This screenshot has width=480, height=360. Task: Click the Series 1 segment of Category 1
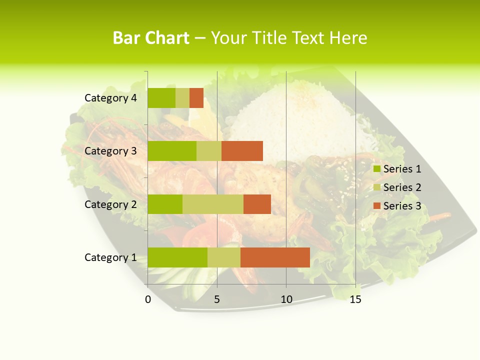(177, 257)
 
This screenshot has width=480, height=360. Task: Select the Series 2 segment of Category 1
(224, 257)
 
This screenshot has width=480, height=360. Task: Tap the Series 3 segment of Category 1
(275, 257)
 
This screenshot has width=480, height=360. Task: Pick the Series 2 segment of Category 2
(213, 204)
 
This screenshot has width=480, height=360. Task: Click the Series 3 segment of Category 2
(257, 204)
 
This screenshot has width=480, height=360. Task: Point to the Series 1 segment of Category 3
(172, 151)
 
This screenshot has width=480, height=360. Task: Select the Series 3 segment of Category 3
(242, 151)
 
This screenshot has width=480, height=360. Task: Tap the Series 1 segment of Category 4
(161, 98)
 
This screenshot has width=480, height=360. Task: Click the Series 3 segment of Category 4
(196, 98)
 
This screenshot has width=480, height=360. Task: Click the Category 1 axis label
(110, 257)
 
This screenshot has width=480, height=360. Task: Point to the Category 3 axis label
(110, 151)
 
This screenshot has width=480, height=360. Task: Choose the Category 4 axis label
(110, 98)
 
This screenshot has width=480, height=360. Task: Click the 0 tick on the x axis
(148, 299)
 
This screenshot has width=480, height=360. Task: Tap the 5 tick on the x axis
(217, 299)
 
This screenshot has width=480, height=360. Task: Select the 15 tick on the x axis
(355, 299)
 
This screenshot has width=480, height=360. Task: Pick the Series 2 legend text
(402, 187)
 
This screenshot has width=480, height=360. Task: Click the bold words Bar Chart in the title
(151, 38)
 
